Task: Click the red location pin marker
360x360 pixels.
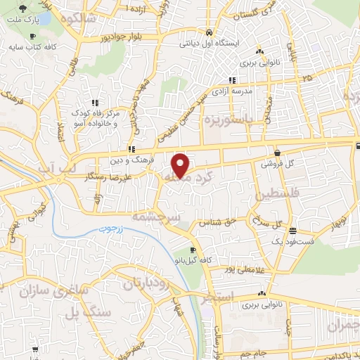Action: (x=181, y=165)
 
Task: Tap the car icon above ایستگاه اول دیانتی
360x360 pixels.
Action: (x=209, y=32)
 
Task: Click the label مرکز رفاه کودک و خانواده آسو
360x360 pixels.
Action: (x=96, y=117)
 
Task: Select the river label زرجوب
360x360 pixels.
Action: (x=110, y=229)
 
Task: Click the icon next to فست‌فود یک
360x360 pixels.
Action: (x=292, y=230)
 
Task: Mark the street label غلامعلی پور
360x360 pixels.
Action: (x=245, y=269)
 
